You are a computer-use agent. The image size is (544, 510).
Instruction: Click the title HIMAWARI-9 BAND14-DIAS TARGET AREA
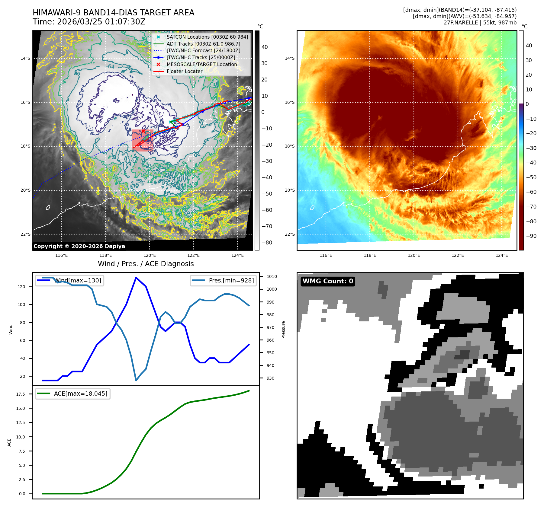pyautogui.click(x=113, y=13)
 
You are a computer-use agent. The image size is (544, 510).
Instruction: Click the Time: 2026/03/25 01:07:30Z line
pyautogui.click(x=89, y=22)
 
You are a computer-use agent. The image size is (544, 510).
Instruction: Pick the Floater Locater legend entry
pyautogui.click(x=184, y=72)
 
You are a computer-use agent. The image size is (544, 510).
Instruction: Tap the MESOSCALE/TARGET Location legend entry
pyautogui.click(x=201, y=65)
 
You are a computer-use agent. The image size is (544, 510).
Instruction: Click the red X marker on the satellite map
pyautogui.click(x=143, y=131)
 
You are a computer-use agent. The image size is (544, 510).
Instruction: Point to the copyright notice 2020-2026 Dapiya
pyautogui.click(x=79, y=246)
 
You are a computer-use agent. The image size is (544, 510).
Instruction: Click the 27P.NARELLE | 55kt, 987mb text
pyautogui.click(x=480, y=23)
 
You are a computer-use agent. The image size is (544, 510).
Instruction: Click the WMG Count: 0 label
pyautogui.click(x=328, y=281)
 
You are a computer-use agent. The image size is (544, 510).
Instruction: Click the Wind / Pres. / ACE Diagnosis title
pyautogui.click(x=146, y=264)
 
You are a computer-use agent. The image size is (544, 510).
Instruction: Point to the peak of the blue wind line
pyautogui.click(x=136, y=278)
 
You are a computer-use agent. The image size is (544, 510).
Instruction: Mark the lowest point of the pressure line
pyautogui.click(x=136, y=380)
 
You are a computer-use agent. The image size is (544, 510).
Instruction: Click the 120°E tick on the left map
pyautogui.click(x=150, y=255)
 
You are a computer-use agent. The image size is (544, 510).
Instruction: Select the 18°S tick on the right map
pyautogui.click(x=290, y=146)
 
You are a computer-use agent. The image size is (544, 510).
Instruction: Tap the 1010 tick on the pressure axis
pyautogui.click(x=272, y=276)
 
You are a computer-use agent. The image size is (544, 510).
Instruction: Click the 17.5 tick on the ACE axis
pyautogui.click(x=21, y=394)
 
